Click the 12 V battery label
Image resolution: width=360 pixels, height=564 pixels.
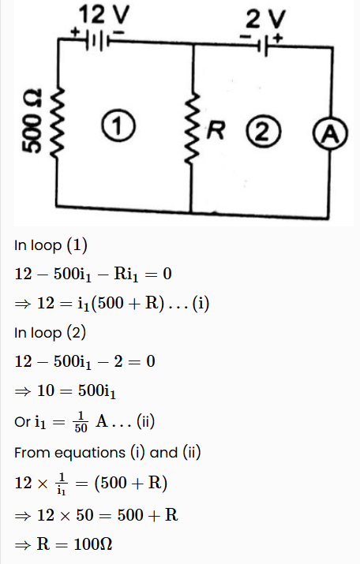(103, 15)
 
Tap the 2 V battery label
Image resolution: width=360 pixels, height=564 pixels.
(266, 19)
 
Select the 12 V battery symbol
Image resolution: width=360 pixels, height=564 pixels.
(97, 40)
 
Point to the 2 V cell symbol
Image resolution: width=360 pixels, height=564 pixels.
(263, 47)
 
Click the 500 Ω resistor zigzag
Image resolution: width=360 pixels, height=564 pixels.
(58, 122)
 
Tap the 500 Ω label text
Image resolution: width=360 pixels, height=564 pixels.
(32, 121)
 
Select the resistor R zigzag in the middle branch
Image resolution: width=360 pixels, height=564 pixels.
(192, 128)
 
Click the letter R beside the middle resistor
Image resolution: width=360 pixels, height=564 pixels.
(216, 130)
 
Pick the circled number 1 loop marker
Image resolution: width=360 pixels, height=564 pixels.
(118, 125)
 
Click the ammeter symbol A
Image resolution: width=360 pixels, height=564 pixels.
(330, 134)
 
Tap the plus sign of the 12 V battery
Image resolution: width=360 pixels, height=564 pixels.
(75, 32)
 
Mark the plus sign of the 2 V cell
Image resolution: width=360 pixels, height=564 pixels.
(278, 37)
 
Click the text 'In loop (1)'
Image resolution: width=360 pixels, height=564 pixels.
(51, 245)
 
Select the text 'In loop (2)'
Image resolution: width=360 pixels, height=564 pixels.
(50, 333)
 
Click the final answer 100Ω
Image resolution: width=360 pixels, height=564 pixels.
(93, 543)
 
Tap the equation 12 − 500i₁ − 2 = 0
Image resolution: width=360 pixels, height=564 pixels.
(85, 361)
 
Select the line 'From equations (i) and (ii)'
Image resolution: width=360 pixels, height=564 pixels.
(107, 453)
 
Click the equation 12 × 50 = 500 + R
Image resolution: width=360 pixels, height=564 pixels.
(107, 515)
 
